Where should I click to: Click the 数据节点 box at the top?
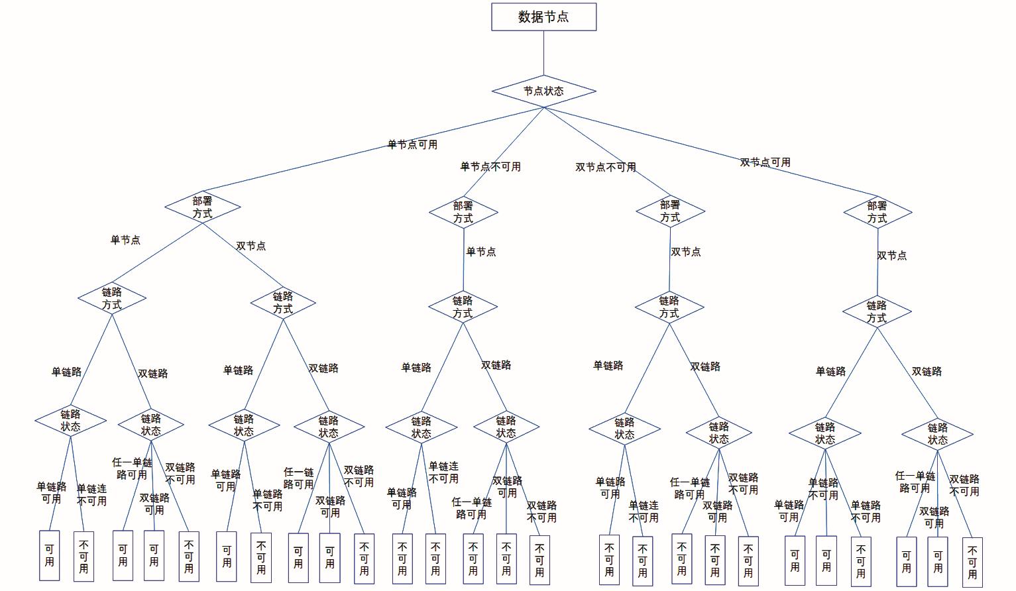tap(543, 17)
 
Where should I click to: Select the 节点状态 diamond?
tap(543, 91)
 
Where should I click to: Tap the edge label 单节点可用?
tap(412, 144)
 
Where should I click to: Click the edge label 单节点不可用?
tap(490, 167)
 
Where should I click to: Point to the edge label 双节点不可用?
tap(605, 168)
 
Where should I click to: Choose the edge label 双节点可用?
tap(765, 162)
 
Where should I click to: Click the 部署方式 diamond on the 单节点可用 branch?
tap(203, 207)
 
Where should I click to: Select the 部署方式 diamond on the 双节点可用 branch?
tap(877, 212)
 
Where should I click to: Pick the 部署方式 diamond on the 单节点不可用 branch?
tap(463, 212)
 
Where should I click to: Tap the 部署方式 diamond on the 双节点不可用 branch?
tap(670, 211)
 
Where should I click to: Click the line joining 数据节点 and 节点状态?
tap(543, 53)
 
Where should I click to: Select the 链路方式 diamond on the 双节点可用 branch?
tap(877, 311)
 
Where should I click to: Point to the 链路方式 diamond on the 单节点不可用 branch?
tap(463, 307)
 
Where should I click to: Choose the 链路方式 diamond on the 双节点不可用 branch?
tap(669, 307)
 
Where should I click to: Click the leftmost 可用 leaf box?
tap(50, 555)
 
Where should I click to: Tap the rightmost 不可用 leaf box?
tap(972, 563)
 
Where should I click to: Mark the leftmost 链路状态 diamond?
tap(70, 421)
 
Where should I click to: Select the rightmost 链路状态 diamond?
tap(937, 434)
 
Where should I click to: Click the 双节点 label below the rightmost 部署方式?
tap(891, 256)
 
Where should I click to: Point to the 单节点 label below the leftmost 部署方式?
tap(125, 240)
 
